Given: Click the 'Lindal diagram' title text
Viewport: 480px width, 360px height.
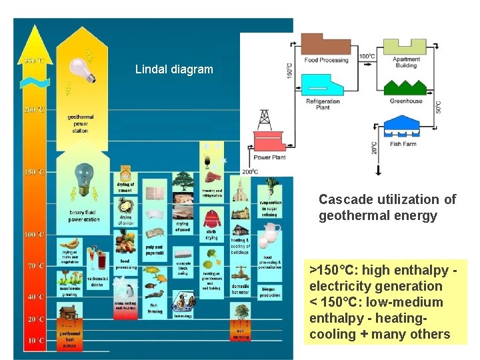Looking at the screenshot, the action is click(x=174, y=69).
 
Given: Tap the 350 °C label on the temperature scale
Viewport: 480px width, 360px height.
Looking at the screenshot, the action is click(x=34, y=61).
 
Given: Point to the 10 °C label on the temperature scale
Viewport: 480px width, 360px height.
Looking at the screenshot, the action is click(x=35, y=341).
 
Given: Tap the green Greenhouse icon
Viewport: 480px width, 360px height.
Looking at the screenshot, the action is click(x=406, y=88).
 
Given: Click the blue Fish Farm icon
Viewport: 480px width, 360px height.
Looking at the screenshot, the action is click(x=406, y=127).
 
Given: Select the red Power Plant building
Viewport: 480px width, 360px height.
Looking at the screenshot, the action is click(x=269, y=143).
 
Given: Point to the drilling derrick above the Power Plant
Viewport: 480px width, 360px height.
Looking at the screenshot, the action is click(x=265, y=121).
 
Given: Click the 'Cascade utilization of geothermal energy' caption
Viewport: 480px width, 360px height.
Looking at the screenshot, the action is click(x=387, y=207).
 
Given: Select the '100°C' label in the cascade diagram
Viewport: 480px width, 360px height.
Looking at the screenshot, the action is click(x=367, y=57).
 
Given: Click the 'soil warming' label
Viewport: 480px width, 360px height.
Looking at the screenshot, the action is click(x=241, y=333).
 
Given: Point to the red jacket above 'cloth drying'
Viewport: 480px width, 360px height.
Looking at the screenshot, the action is click(x=211, y=219).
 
